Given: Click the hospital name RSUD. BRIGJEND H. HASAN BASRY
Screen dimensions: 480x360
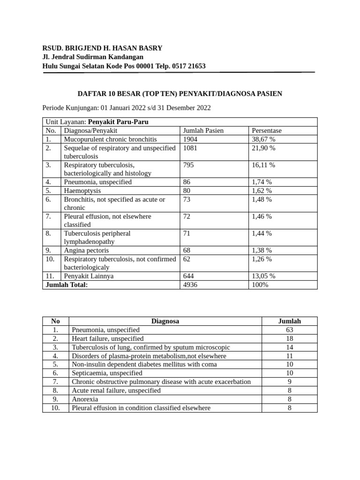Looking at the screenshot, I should click(x=102, y=48).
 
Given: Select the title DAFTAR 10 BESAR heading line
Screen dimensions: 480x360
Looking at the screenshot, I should click(x=180, y=94).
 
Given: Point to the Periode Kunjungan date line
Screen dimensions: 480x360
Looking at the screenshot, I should click(x=127, y=108).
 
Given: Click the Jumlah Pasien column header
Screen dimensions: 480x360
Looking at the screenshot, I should click(x=203, y=131).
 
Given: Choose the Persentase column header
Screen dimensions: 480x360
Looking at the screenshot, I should click(x=267, y=131).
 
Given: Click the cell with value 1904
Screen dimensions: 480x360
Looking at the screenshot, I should click(x=191, y=139).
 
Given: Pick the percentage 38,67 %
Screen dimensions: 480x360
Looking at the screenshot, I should click(x=263, y=139).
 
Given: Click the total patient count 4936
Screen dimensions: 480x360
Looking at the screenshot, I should click(x=191, y=285).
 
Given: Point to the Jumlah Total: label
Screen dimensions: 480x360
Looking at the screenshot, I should click(x=66, y=285).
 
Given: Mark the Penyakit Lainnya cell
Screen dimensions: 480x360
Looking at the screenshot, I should click(x=89, y=276).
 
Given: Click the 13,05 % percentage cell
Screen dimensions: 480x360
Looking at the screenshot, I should click(x=263, y=276).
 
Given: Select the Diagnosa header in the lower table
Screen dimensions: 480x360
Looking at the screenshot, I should click(x=165, y=321).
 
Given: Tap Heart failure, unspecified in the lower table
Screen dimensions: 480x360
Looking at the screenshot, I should click(x=108, y=338).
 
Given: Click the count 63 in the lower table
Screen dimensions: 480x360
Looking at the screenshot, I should click(x=289, y=330).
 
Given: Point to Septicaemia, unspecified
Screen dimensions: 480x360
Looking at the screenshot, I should click(x=107, y=373).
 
